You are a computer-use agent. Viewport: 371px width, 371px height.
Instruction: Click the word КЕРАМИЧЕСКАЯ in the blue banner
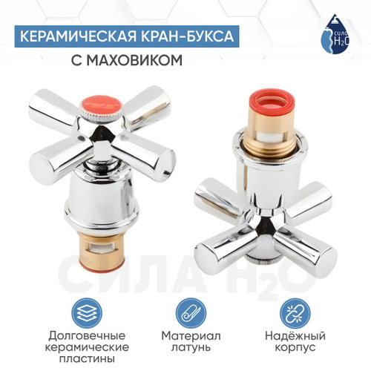tap(78, 36)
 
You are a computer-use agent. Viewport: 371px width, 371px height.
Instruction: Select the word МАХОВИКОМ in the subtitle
tap(134, 60)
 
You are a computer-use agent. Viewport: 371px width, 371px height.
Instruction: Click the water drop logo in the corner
tap(335, 34)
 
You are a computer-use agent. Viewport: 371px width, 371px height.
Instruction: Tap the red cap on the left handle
tap(101, 106)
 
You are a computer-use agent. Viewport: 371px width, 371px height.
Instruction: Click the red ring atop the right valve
tap(271, 102)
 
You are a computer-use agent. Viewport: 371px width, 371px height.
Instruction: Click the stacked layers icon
tap(87, 313)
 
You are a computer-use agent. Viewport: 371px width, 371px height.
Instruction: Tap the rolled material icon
tap(191, 313)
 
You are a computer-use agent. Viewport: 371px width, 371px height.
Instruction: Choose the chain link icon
tap(295, 313)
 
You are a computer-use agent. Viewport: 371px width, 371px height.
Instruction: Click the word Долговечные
tap(87, 336)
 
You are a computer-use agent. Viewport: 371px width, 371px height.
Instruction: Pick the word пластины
tap(87, 358)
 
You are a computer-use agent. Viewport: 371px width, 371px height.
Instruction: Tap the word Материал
tap(191, 336)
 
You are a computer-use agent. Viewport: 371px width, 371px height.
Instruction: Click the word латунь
tap(191, 347)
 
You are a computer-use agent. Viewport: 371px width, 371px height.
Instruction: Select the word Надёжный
tap(295, 336)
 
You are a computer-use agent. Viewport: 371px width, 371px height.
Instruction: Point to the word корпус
tap(295, 348)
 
